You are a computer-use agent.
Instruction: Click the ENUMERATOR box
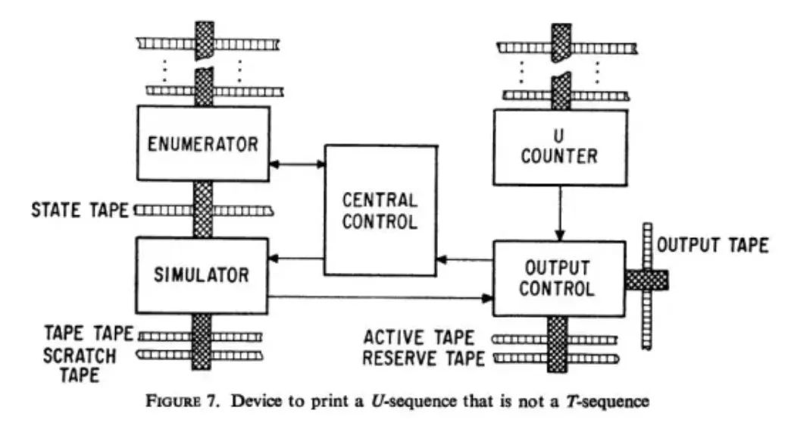(x=202, y=143)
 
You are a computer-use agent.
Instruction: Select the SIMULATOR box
(x=202, y=276)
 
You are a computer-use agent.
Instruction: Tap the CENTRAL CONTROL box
(x=380, y=210)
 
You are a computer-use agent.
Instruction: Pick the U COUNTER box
(x=560, y=147)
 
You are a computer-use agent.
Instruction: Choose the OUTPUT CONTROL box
(x=560, y=279)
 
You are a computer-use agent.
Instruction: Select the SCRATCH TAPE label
(x=80, y=364)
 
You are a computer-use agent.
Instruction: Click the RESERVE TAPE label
(x=424, y=357)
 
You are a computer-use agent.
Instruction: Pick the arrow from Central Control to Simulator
(x=297, y=260)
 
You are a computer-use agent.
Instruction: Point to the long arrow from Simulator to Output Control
(x=379, y=297)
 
